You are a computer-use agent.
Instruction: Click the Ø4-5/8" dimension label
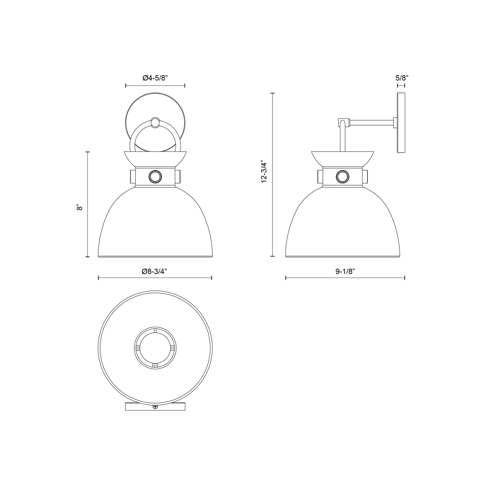pos(155,78)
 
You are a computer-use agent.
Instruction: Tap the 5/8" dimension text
pos(401,78)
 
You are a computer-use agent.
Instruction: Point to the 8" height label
pos(79,207)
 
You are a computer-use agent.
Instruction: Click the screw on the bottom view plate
pos(155,407)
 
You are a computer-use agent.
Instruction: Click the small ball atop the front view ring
pos(155,123)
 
